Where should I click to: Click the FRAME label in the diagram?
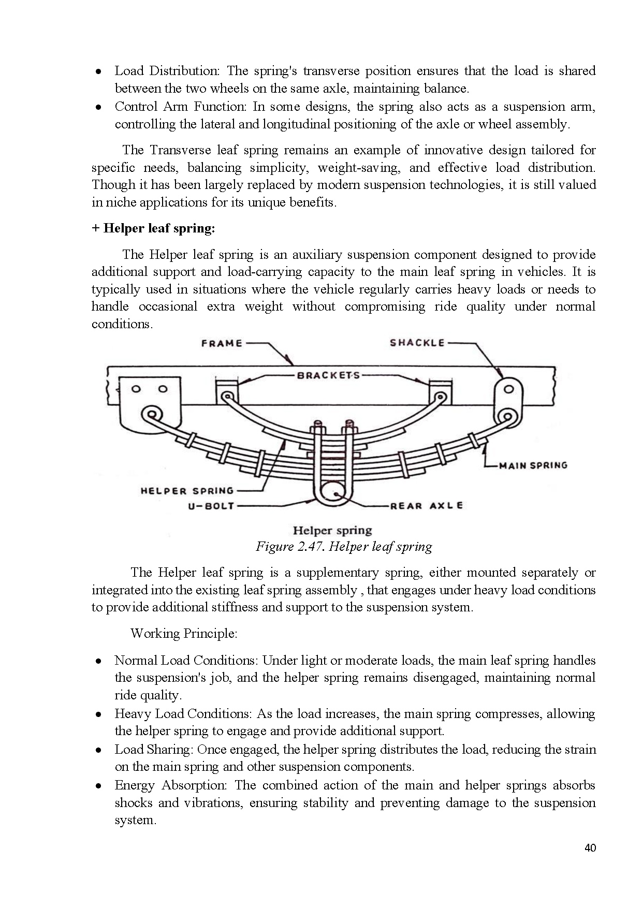(222, 343)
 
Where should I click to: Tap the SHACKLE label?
(417, 343)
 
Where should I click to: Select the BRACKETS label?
(328, 375)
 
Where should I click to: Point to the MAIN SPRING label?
(533, 465)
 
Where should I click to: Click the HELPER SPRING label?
(187, 491)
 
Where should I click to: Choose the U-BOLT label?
(211, 506)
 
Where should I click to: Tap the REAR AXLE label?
(426, 506)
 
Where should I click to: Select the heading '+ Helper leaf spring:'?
(153, 228)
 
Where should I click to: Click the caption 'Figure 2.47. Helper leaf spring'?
(344, 547)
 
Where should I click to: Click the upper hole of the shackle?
(509, 389)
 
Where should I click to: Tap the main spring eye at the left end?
(152, 414)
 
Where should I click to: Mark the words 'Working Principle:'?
(184, 634)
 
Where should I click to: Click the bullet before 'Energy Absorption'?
(98, 786)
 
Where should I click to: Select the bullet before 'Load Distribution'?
(98, 71)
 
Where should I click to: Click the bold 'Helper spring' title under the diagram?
(332, 530)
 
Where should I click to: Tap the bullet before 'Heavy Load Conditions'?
(98, 715)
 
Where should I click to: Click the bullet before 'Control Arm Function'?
(98, 108)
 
